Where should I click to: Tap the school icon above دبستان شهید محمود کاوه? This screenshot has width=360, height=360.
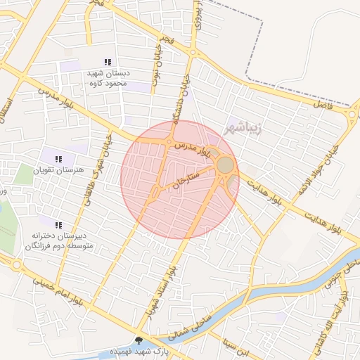[x=107, y=63]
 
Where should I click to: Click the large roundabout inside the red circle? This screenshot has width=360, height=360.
[x=225, y=165]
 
